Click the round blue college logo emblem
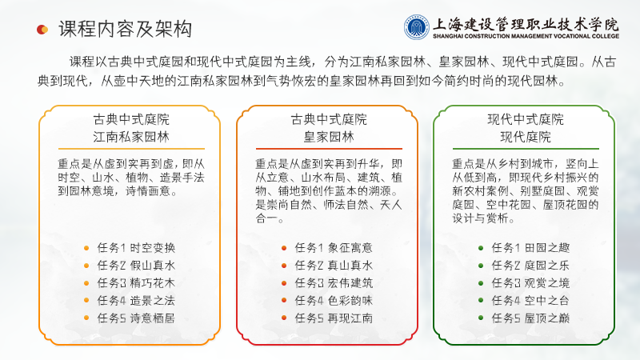pyautogui.click(x=417, y=27)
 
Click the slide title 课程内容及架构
pyautogui.click(x=126, y=30)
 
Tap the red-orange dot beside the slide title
pyautogui.click(x=42, y=30)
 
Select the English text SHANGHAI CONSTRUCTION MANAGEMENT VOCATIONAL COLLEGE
pyautogui.click(x=526, y=36)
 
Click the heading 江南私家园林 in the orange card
pyautogui.click(x=131, y=137)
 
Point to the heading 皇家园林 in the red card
pyautogui.click(x=329, y=137)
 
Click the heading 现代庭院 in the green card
pyautogui.click(x=526, y=137)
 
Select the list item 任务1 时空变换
pyautogui.click(x=136, y=248)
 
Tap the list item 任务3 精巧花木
pyautogui.click(x=136, y=283)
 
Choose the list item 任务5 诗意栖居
pyautogui.click(x=136, y=318)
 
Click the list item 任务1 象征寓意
pyautogui.click(x=334, y=248)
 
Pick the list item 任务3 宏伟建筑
pyautogui.click(x=334, y=283)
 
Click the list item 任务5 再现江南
pyautogui.click(x=334, y=318)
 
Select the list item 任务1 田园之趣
pyautogui.click(x=530, y=248)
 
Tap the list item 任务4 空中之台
pyautogui.click(x=530, y=301)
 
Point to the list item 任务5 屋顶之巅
pyautogui.click(x=530, y=318)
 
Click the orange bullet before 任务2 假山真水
pyautogui.click(x=86, y=266)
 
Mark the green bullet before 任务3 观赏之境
pyautogui.click(x=481, y=283)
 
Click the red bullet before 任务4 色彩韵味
pyautogui.click(x=284, y=301)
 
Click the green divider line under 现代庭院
pyautogui.click(x=526, y=149)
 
